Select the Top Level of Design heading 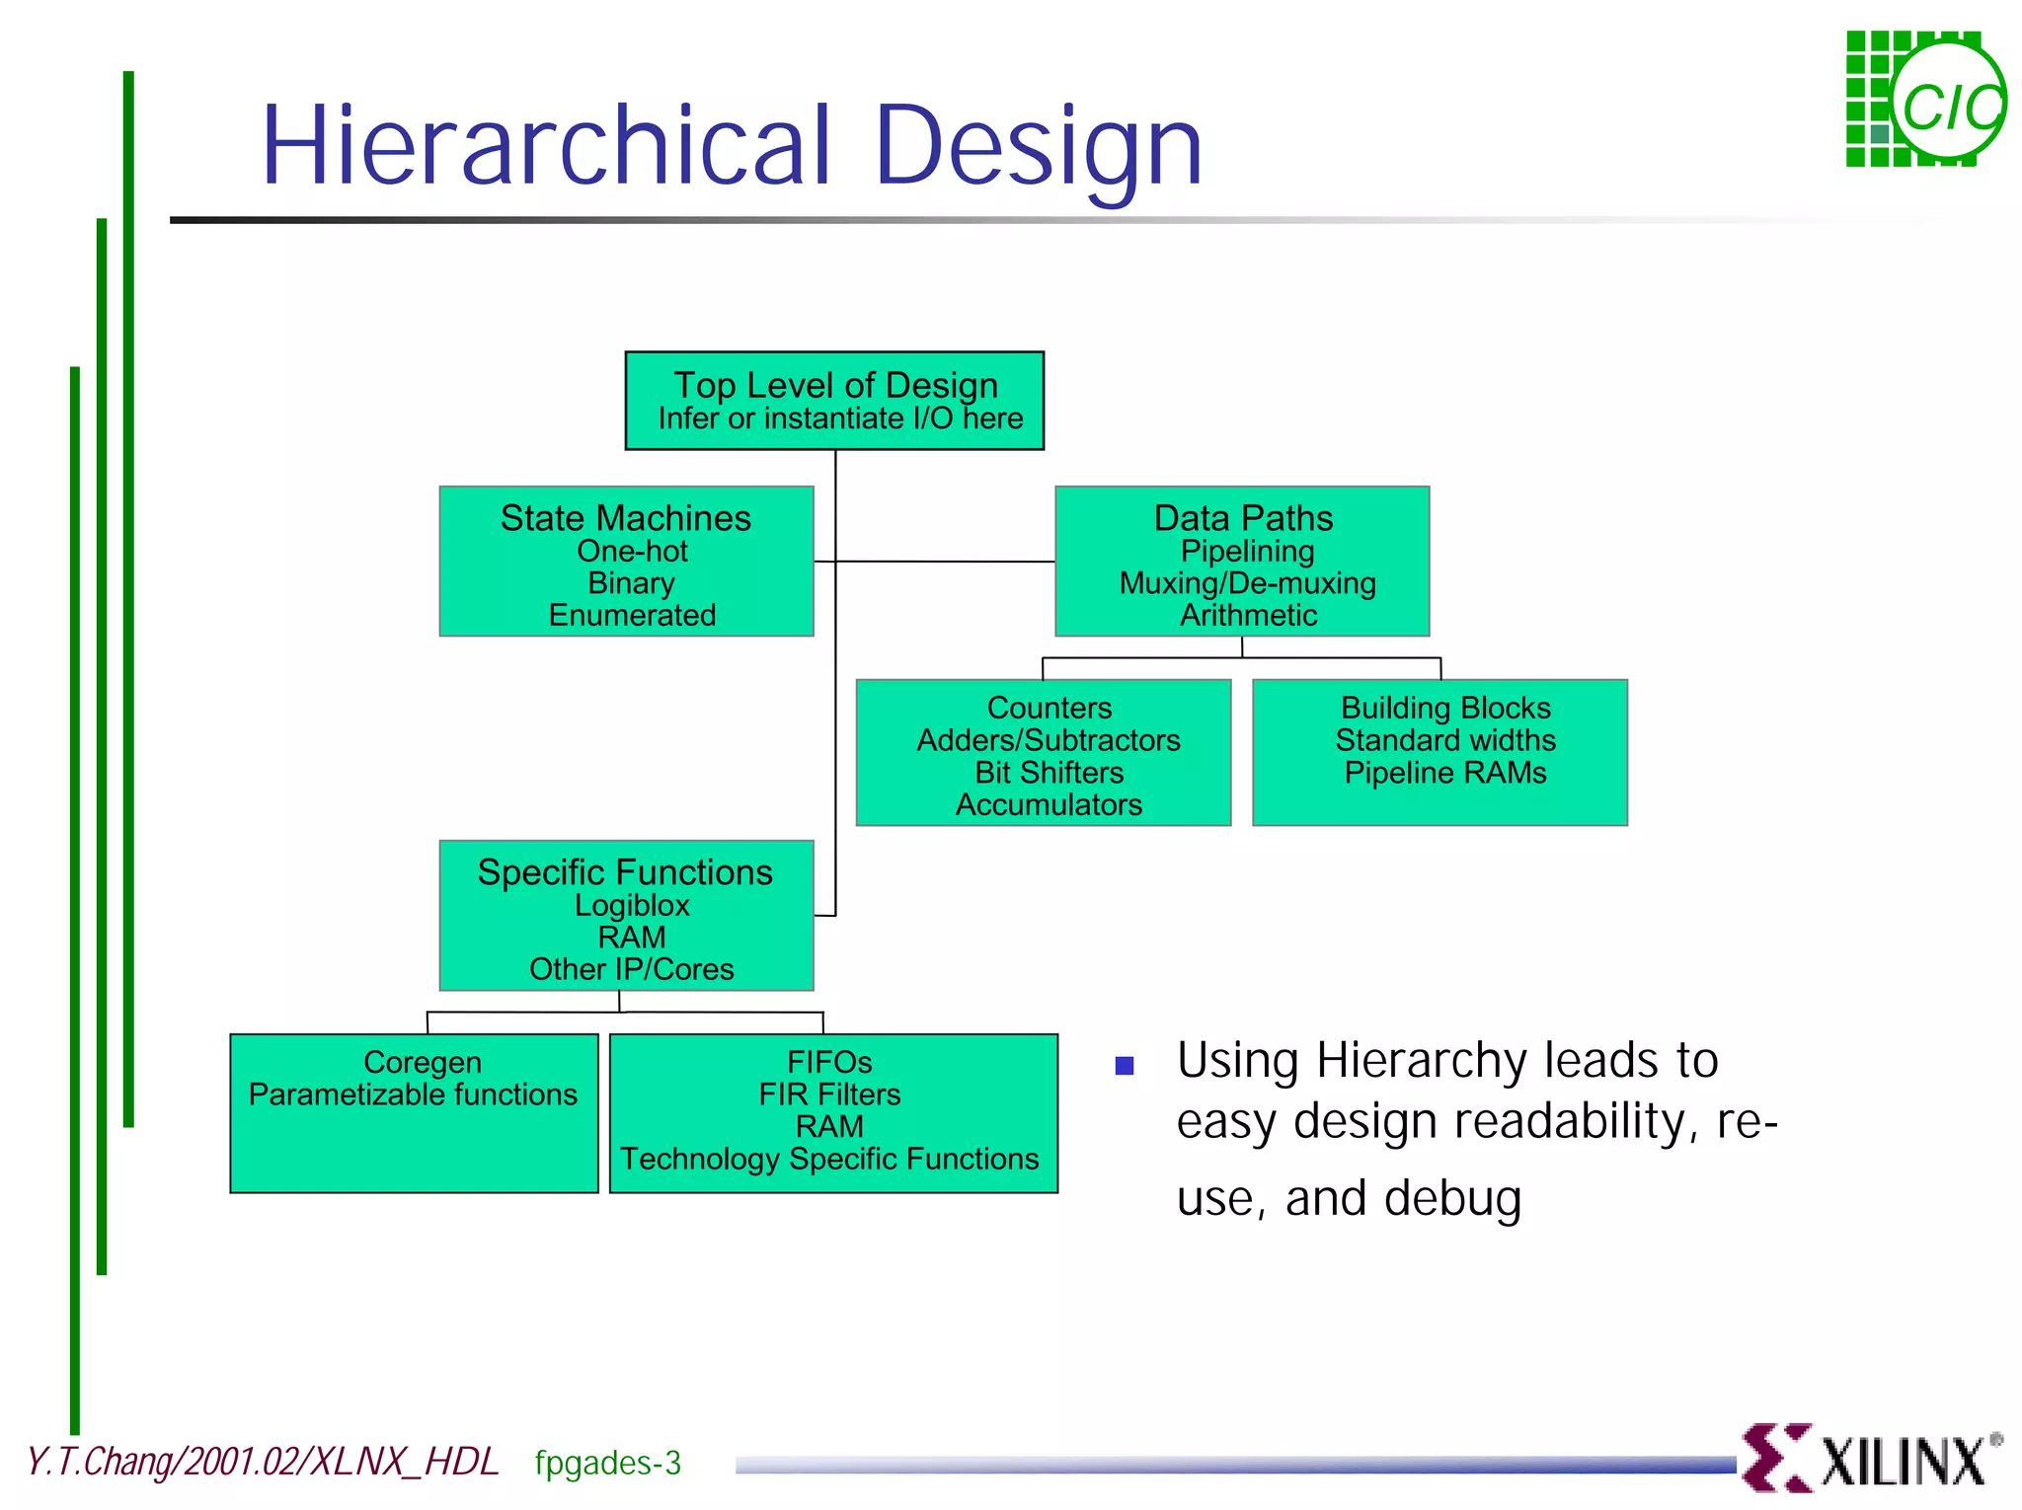(835, 385)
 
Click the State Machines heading (625, 518)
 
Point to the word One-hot (632, 551)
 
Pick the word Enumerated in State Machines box (632, 615)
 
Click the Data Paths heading (1243, 518)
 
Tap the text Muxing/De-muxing (1247, 583)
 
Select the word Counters (1049, 708)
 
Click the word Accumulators (1049, 804)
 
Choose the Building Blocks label (1445, 708)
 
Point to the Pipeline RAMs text (1445, 772)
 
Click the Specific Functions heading (625, 872)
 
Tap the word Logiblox (632, 905)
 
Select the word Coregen (423, 1062)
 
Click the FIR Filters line (829, 1095)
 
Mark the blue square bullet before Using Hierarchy (1124, 1066)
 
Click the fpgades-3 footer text (607, 1463)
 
